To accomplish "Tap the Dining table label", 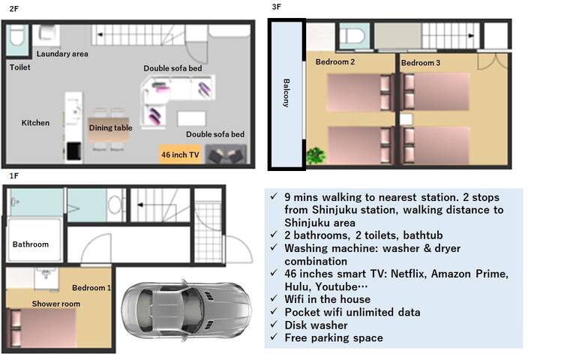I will pyautogui.click(x=110, y=128).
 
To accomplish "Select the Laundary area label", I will pyautogui.click(x=62, y=54).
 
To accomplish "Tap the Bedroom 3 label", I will pyautogui.click(x=421, y=63).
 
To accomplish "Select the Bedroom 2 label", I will pyautogui.click(x=334, y=62).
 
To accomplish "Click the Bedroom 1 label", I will pyautogui.click(x=91, y=288).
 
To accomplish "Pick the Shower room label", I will pyautogui.click(x=55, y=304).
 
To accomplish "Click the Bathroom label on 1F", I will pyautogui.click(x=31, y=244).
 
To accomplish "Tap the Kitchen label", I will pyautogui.click(x=35, y=123).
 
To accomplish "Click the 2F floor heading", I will pyautogui.click(x=14, y=9).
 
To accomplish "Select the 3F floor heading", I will pyautogui.click(x=277, y=7).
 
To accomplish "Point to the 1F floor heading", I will pyautogui.click(x=13, y=175).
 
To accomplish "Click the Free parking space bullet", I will pyautogui.click(x=334, y=337).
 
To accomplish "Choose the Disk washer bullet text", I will pyautogui.click(x=315, y=325).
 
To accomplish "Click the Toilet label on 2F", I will pyautogui.click(x=20, y=67).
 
